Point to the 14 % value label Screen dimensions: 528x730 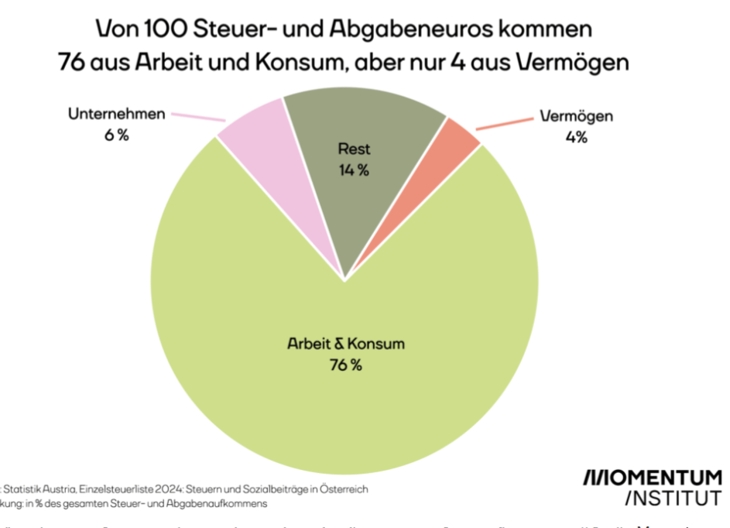[x=354, y=170]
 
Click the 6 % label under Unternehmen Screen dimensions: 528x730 [x=117, y=135]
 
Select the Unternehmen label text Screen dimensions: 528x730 [x=117, y=115]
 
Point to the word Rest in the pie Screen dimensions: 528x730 [x=354, y=149]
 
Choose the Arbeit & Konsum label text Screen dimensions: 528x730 [x=345, y=344]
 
